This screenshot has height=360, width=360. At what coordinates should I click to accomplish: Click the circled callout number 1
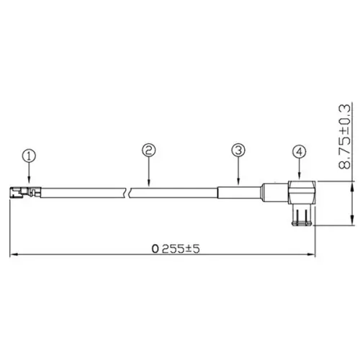28,155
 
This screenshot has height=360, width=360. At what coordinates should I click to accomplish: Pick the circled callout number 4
300,152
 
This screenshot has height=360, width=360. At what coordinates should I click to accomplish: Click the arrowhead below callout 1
28,182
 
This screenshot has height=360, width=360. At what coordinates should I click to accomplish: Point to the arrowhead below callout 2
148,184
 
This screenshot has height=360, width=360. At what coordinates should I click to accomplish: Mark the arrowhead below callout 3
238,183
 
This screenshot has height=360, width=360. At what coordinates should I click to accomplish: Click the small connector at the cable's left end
21,192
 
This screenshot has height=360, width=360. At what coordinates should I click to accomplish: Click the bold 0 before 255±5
155,248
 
